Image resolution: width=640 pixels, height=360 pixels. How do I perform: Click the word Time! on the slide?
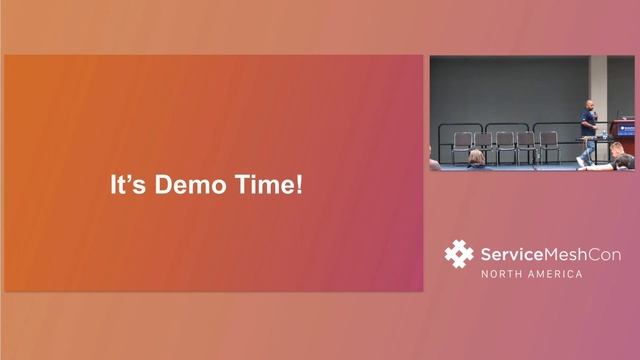click(268, 185)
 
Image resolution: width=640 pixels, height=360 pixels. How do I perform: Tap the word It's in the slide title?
click(124, 185)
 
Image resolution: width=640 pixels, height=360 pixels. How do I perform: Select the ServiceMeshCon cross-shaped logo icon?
click(459, 254)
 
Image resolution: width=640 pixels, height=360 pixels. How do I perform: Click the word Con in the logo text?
click(604, 253)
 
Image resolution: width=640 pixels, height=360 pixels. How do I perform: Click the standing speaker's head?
click(588, 105)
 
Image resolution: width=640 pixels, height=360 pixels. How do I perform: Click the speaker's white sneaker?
click(581, 161)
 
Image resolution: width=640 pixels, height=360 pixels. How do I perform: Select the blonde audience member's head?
click(477, 157)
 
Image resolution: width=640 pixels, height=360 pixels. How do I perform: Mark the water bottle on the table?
click(604, 133)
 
